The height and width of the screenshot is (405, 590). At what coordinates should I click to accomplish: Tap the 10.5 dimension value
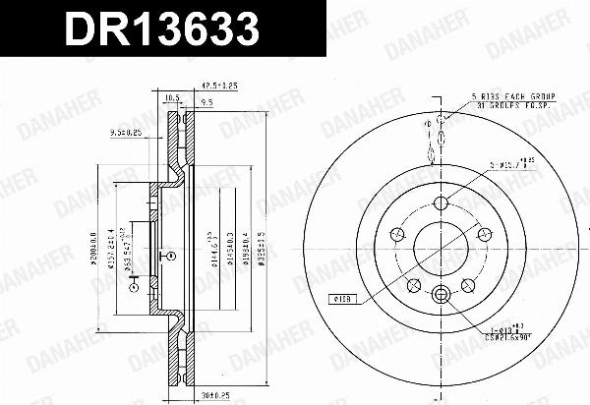171,98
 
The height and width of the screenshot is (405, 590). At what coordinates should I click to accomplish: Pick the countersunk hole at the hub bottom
441,292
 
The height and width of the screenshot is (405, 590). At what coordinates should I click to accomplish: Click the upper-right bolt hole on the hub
484,233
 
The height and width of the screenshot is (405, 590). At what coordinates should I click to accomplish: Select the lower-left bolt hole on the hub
413,284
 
